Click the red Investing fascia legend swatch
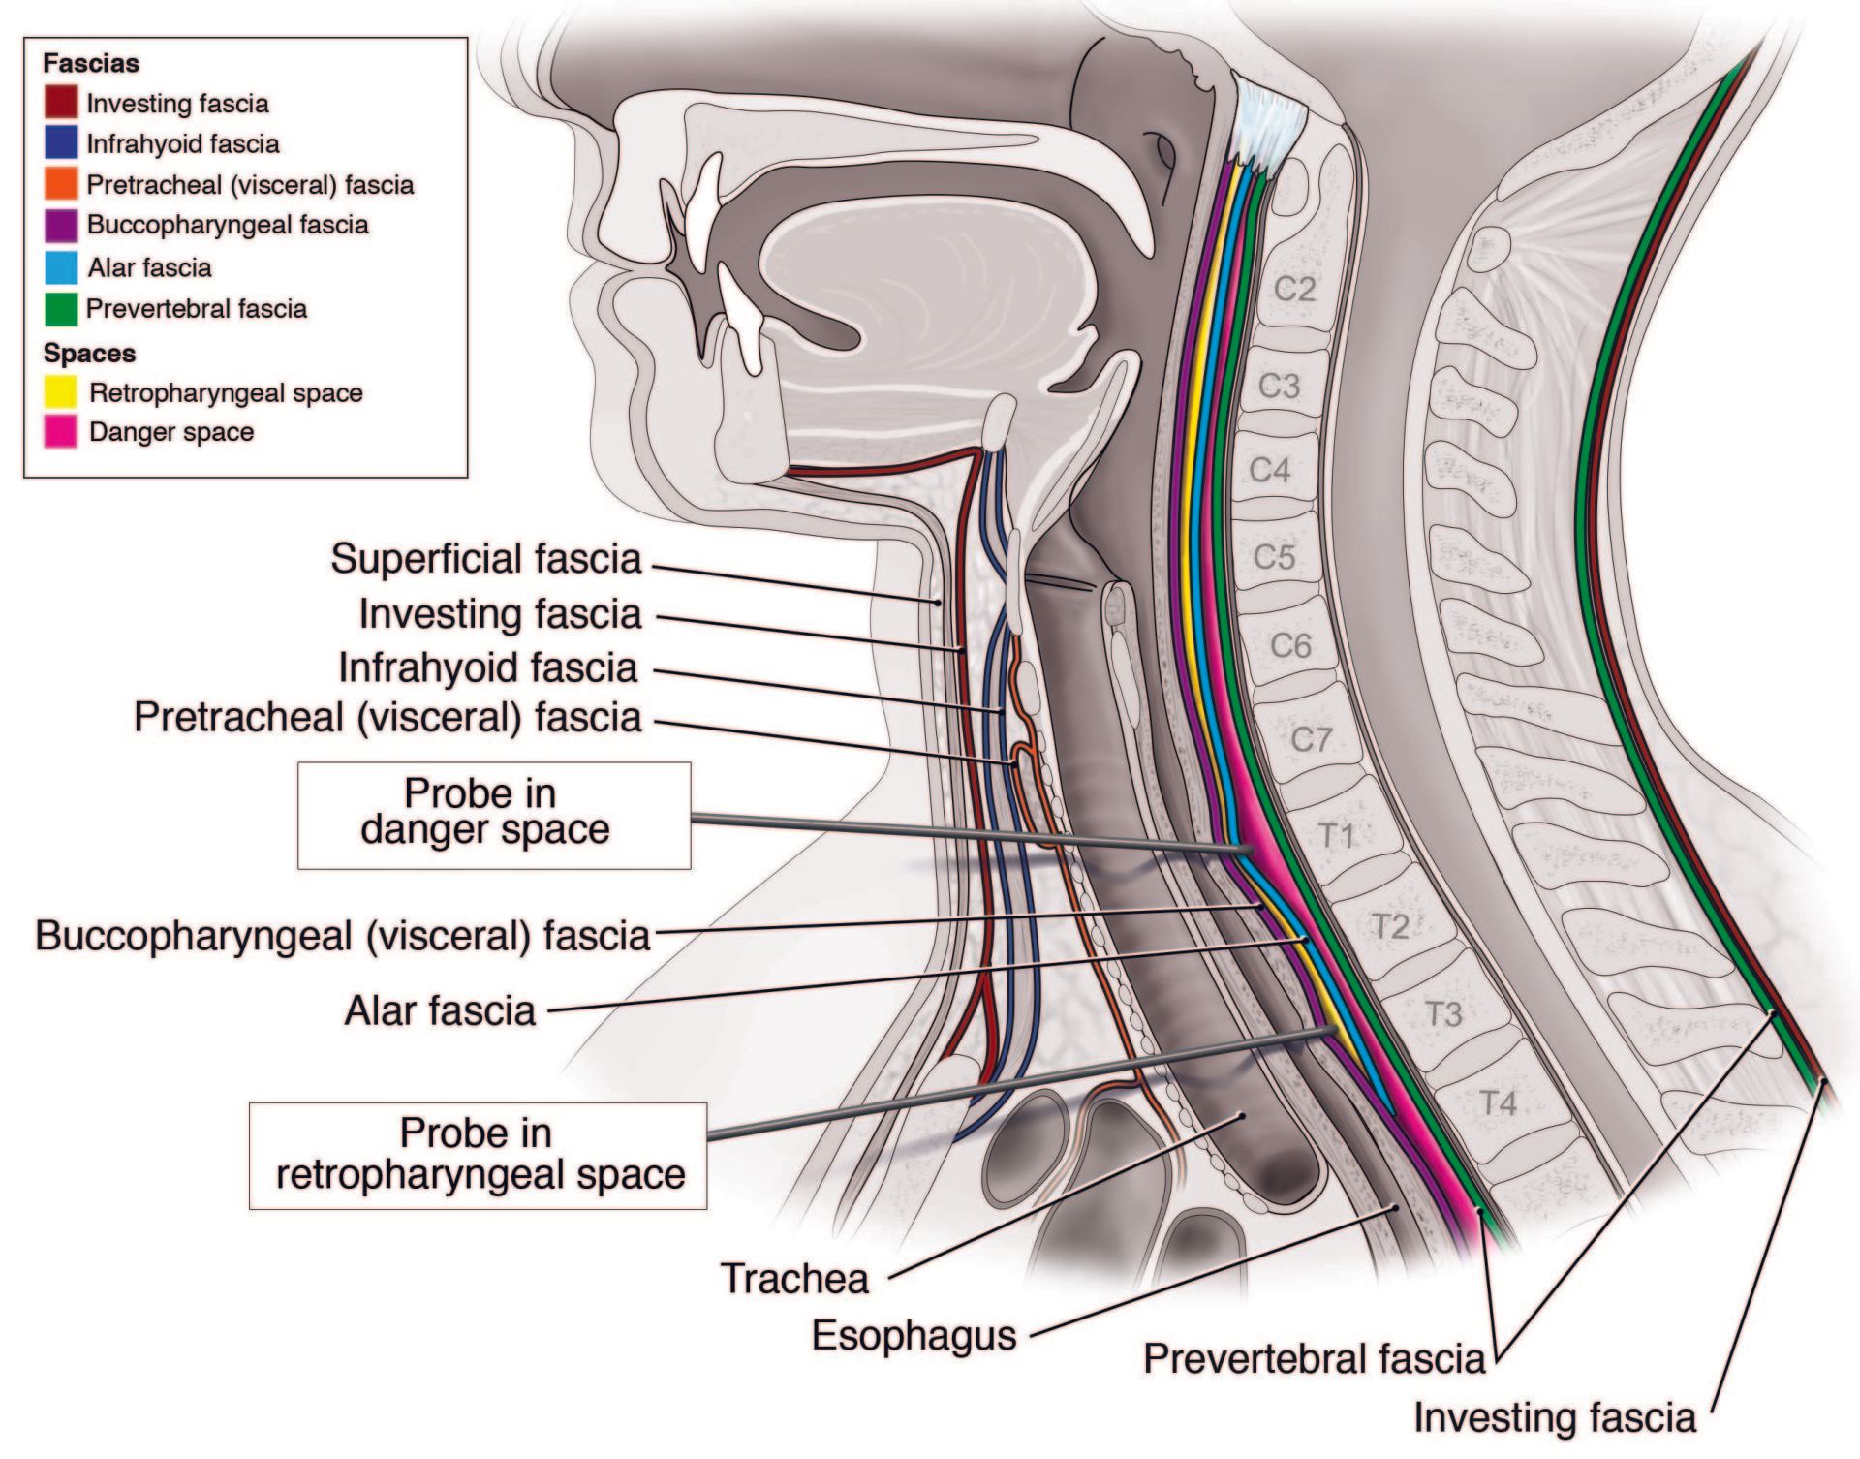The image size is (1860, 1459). click(x=61, y=103)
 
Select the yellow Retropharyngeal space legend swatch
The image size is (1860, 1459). click(x=61, y=391)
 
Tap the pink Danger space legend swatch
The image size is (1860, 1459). click(x=61, y=431)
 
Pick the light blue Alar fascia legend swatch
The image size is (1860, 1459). click(x=61, y=267)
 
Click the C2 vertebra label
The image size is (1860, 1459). click(x=1293, y=289)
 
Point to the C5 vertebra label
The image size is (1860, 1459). click(x=1274, y=557)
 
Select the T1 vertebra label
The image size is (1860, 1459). click(x=1336, y=834)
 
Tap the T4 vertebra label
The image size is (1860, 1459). click(x=1497, y=1102)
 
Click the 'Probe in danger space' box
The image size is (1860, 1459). click(x=493, y=815)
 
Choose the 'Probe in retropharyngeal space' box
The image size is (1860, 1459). click(x=478, y=1155)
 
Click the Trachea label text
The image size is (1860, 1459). click(x=794, y=1279)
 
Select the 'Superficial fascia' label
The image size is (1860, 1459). click(x=485, y=559)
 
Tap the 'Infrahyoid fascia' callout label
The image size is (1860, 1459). click(x=487, y=667)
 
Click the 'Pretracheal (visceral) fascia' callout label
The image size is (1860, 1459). click(x=387, y=717)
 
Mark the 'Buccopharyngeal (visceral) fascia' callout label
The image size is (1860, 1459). click(x=342, y=936)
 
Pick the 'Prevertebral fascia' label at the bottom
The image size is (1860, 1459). click(x=1314, y=1358)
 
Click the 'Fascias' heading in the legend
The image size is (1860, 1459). click(x=91, y=63)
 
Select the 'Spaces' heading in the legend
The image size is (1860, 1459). click(x=89, y=353)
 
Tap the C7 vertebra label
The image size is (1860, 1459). click(x=1311, y=739)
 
